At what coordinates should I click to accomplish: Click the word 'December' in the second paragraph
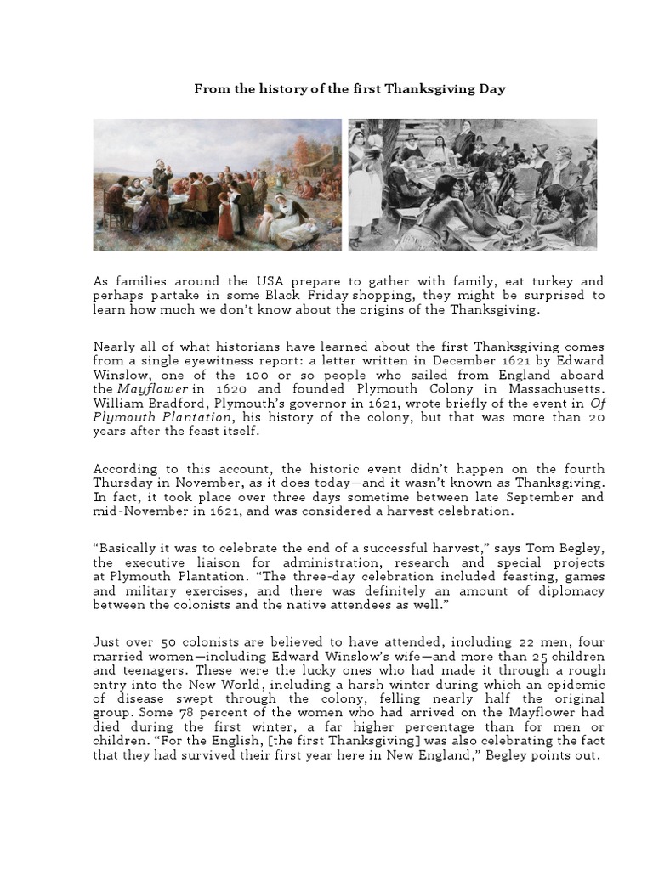pyautogui.click(x=454, y=360)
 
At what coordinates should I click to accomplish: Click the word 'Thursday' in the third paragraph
pyautogui.click(x=123, y=483)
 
